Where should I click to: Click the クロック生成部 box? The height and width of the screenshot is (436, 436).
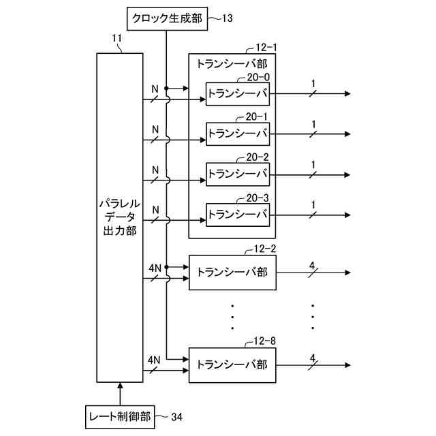167,18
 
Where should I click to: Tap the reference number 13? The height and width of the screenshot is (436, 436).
227,18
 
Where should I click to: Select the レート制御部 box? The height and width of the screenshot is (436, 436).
120,417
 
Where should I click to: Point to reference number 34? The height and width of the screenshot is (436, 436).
177,417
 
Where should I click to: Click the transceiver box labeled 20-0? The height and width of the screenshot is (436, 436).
238,94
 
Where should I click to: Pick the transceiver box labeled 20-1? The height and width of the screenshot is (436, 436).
238,134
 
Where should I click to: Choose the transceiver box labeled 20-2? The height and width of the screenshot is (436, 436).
238,174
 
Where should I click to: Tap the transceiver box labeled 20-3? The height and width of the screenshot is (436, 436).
238,215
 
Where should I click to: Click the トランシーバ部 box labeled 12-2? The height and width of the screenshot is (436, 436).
232,272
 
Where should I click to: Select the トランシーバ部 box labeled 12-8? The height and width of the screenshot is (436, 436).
232,365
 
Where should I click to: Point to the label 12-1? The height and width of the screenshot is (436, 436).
266,48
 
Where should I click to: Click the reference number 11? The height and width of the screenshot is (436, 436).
117,38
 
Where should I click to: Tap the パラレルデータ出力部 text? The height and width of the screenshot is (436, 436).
120,217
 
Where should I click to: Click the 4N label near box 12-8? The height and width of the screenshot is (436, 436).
154,360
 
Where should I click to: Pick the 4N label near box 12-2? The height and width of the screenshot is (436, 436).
155,268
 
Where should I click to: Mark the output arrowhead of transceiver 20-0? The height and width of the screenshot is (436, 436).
347,94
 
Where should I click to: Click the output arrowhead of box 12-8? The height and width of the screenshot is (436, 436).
347,365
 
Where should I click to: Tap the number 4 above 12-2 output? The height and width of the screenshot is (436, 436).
312,266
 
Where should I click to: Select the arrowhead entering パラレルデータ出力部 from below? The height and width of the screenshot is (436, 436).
120,386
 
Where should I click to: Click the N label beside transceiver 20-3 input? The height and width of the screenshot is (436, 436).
156,210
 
